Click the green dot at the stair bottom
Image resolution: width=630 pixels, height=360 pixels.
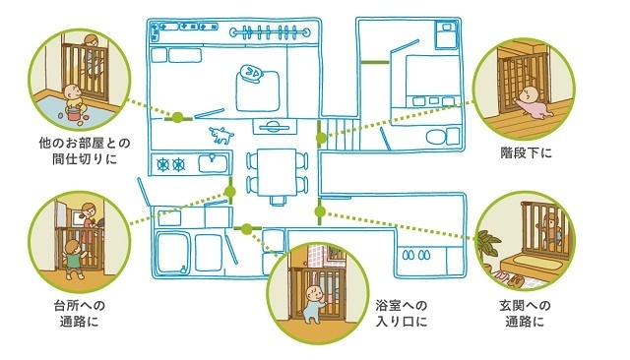(x=321, y=138)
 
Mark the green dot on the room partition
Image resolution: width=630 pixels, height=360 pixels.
(x=178, y=118)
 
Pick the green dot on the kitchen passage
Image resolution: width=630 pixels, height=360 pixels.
(x=229, y=192)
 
